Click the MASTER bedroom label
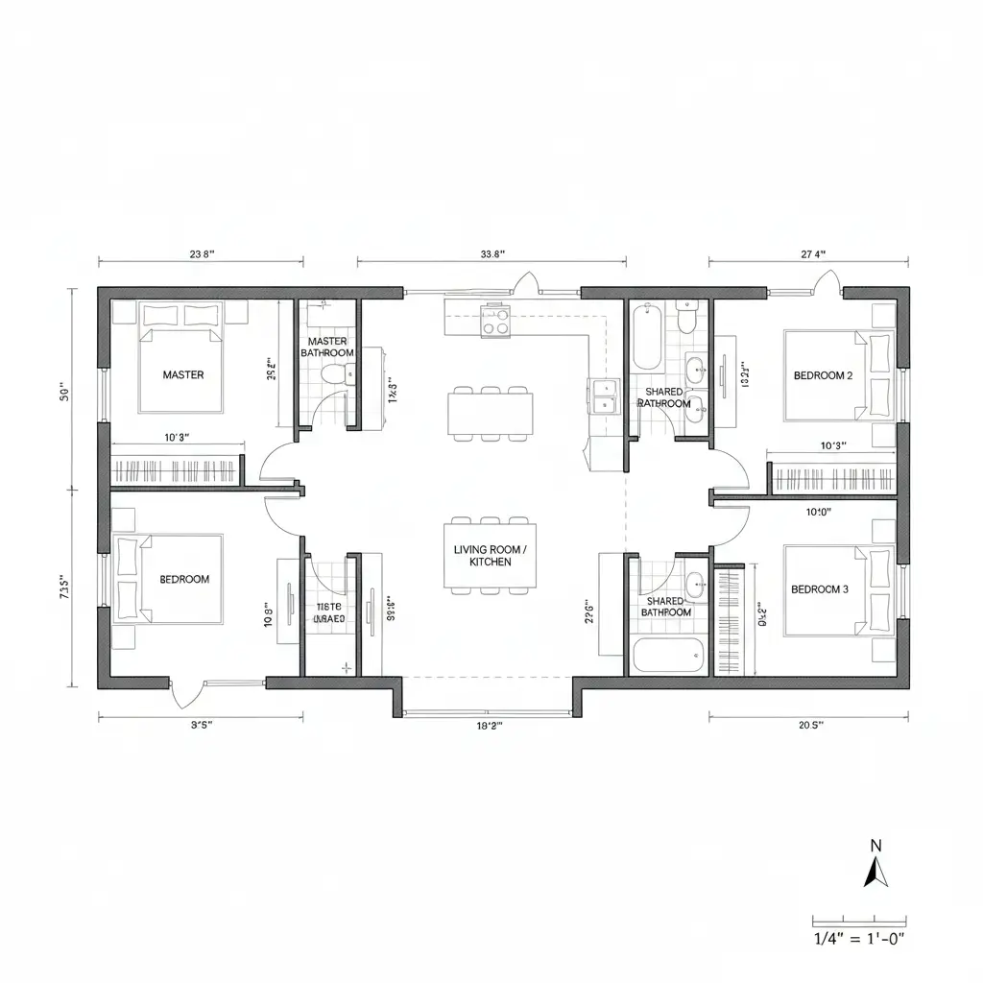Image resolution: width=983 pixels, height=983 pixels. pyautogui.click(x=182, y=374)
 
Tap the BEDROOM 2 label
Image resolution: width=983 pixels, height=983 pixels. pyautogui.click(x=823, y=375)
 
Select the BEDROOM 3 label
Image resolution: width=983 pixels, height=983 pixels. pyautogui.click(x=819, y=589)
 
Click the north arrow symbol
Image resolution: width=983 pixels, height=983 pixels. pyautogui.click(x=875, y=871)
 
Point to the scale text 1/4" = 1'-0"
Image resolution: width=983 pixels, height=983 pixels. pyautogui.click(x=858, y=939)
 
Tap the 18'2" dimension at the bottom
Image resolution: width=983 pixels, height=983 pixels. pyautogui.click(x=490, y=726)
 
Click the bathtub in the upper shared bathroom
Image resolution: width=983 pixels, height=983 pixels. pyautogui.click(x=647, y=337)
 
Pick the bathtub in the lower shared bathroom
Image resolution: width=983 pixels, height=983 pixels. pyautogui.click(x=668, y=657)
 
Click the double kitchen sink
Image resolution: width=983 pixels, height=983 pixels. pyautogui.click(x=602, y=396)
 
